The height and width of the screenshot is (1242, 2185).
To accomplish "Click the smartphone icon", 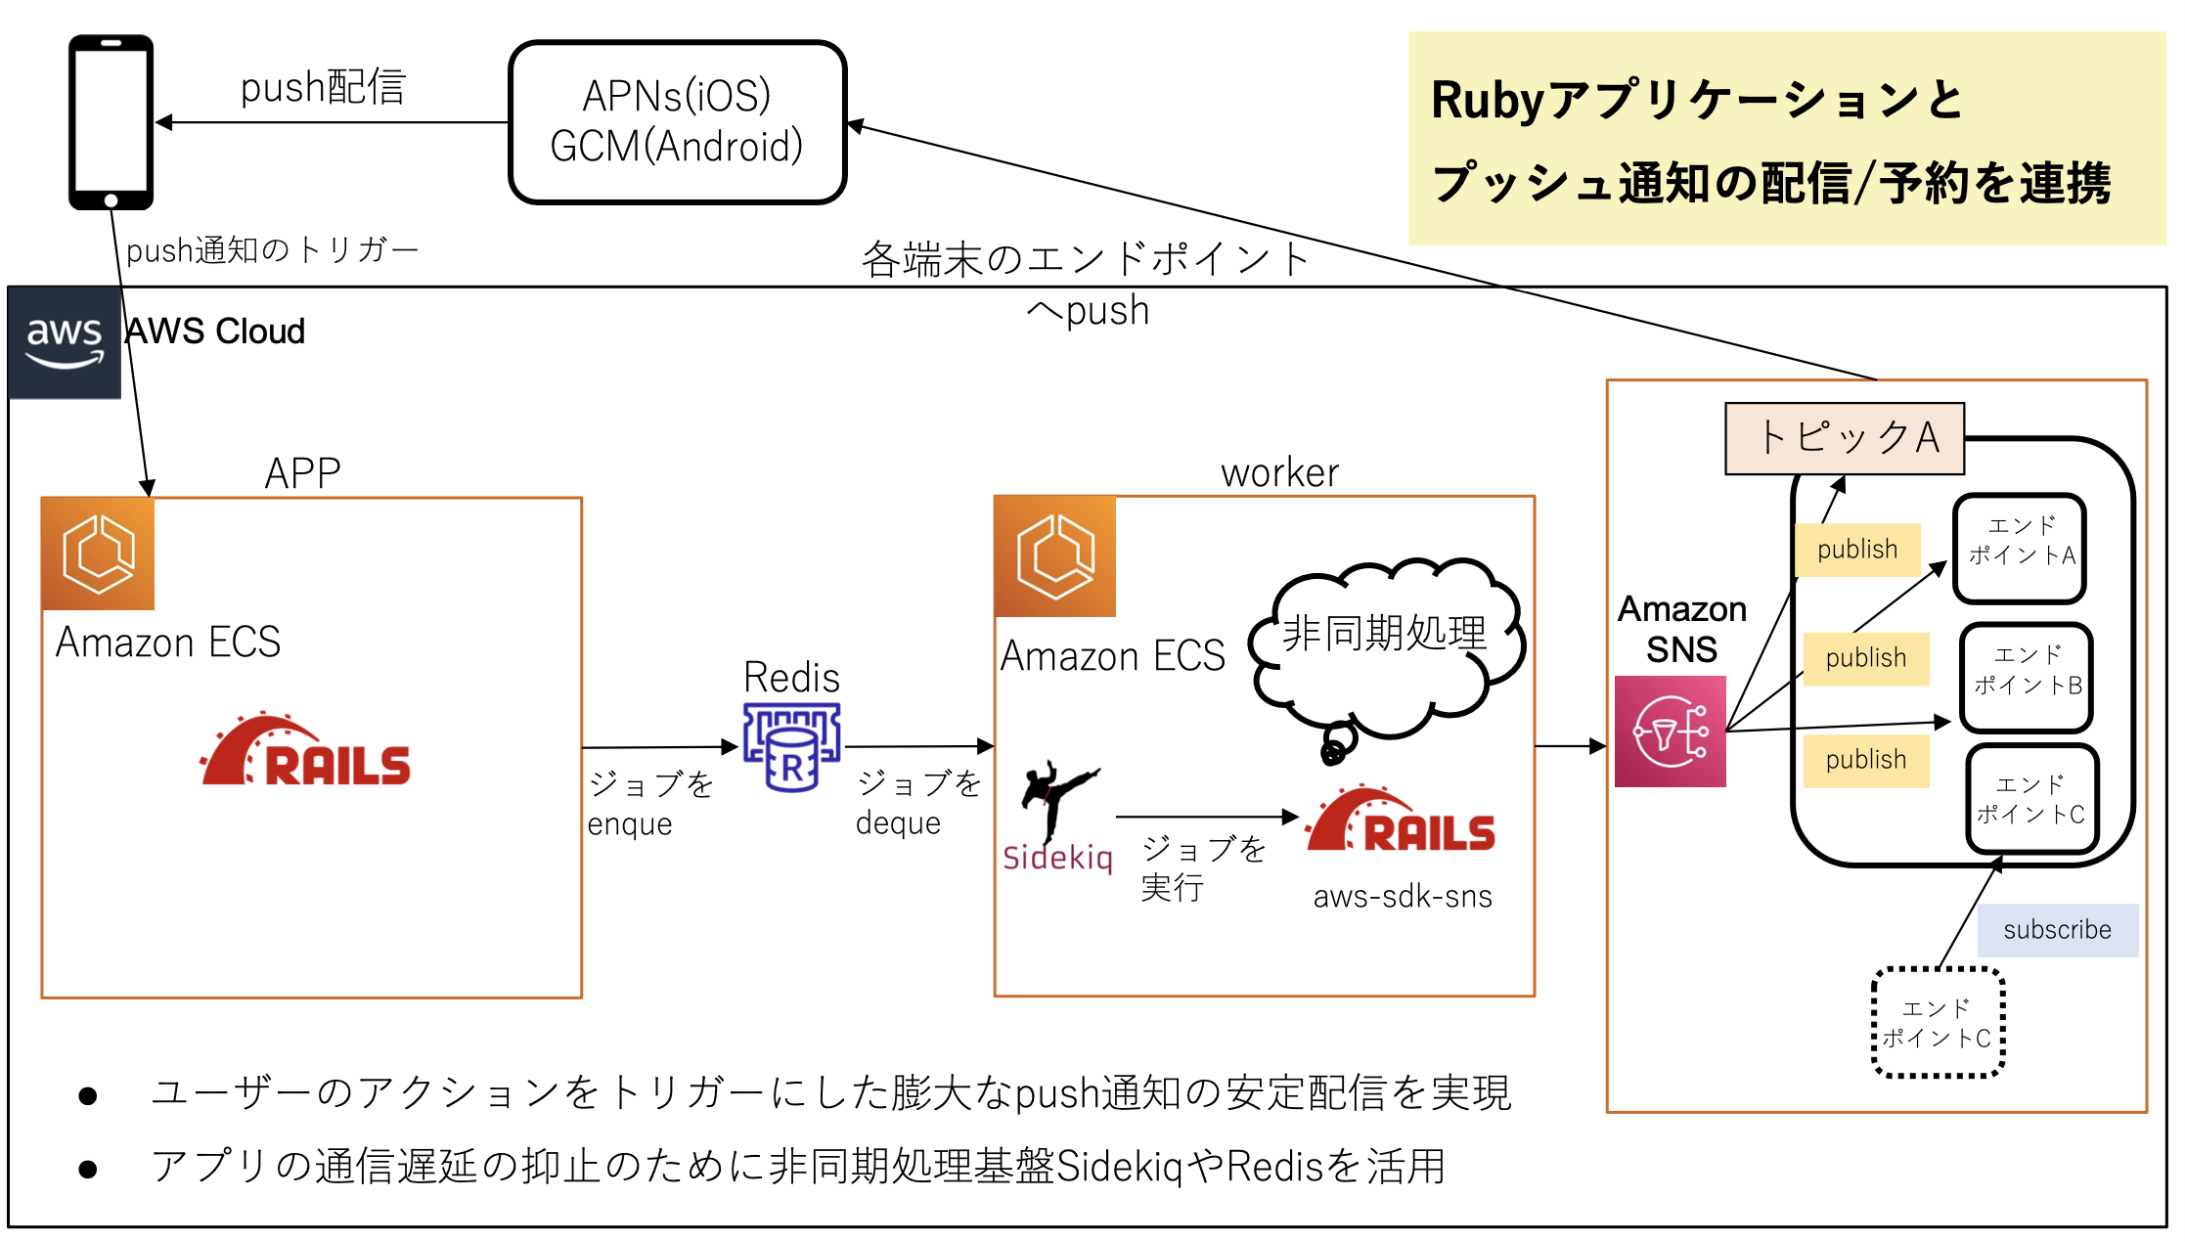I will tap(111, 122).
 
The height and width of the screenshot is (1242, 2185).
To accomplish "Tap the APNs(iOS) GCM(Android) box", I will tap(677, 122).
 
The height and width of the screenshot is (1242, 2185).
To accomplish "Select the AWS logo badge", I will tap(65, 342).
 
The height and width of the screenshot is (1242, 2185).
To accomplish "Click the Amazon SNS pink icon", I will tap(1670, 732).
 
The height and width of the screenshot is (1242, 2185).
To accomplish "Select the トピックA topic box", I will tap(1845, 438).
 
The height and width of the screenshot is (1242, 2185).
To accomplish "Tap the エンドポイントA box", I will tap(2020, 548).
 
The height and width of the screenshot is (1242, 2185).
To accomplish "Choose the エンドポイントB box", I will tap(2027, 677).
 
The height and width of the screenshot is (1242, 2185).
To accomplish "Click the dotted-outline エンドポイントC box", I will tap(1938, 1023).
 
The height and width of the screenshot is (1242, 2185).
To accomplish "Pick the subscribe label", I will tap(2057, 930).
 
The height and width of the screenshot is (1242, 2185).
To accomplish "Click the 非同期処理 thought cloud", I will tap(1385, 646).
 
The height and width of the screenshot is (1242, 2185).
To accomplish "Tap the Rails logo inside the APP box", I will tap(305, 751).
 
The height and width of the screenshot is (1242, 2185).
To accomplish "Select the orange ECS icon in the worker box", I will tap(1055, 556).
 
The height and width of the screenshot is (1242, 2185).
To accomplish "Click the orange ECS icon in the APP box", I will tap(98, 554).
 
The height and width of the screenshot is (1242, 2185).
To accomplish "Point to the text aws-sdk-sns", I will tap(1403, 897).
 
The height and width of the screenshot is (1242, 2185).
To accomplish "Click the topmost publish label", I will tap(1857, 550).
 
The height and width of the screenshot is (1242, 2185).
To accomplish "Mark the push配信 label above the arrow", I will tap(323, 88).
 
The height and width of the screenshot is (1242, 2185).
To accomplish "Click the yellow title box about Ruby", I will tap(1786, 138).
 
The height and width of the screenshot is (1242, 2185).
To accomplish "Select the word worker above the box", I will tap(1279, 473).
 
